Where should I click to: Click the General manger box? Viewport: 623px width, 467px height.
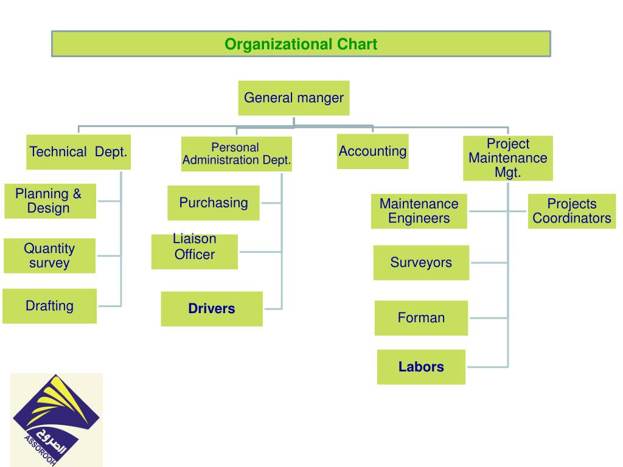click(x=293, y=98)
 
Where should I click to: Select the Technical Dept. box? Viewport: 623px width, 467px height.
click(x=79, y=152)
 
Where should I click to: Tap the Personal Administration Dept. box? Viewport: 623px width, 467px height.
click(x=236, y=154)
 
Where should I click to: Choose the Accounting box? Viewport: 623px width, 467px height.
click(x=372, y=151)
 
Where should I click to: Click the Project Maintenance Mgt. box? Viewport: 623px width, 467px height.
click(x=507, y=158)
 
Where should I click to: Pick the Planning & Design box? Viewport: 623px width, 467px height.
click(x=50, y=201)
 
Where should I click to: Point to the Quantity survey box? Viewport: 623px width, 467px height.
click(x=49, y=255)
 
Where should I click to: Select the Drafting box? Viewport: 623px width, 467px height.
click(x=49, y=306)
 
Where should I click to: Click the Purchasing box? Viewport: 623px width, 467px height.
click(x=213, y=203)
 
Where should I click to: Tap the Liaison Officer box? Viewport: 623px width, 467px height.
click(x=194, y=251)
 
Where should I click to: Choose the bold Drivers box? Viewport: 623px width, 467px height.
click(x=211, y=309)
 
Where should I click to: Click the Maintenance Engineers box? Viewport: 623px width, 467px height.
click(x=419, y=211)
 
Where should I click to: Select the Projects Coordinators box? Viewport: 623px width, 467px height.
click(x=571, y=211)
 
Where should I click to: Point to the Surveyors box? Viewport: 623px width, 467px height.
click(x=421, y=263)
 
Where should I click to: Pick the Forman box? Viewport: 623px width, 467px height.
click(x=421, y=317)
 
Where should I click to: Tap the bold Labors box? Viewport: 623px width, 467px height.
click(x=421, y=367)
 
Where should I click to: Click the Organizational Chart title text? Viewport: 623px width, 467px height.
click(x=301, y=44)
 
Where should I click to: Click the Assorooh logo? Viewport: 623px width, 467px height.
click(x=56, y=420)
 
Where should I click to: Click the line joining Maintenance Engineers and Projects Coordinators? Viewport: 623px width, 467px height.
click(x=498, y=211)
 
